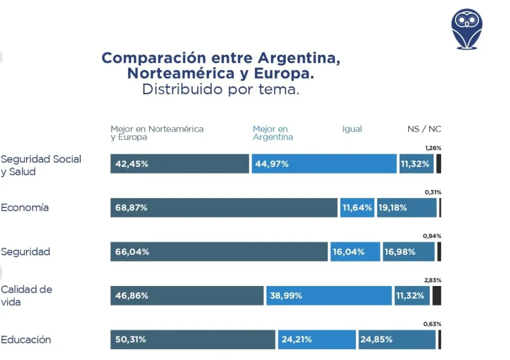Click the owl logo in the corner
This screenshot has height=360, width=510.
(467, 29)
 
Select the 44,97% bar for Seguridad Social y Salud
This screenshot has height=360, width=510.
(324, 164)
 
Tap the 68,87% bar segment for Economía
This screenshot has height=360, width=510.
(224, 208)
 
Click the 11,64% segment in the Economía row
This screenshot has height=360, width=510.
(357, 208)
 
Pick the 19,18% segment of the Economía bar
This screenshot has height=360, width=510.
(407, 208)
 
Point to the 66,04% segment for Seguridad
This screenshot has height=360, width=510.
(219, 252)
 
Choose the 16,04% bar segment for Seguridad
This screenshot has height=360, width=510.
(355, 252)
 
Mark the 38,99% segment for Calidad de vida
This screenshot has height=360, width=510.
(329, 296)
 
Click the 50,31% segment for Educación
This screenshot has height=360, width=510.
(193, 340)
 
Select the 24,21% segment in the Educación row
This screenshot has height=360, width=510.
(317, 340)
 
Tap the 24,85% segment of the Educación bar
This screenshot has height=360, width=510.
(397, 340)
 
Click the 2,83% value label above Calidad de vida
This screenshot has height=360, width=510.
(432, 280)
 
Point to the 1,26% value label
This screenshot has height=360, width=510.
(433, 148)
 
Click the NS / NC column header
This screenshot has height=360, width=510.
(424, 129)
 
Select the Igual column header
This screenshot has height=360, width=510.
(352, 129)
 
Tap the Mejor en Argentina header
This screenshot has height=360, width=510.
(273, 133)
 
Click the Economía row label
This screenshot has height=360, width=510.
(25, 208)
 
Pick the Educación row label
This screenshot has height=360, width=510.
(26, 340)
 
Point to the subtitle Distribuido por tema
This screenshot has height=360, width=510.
(220, 89)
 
